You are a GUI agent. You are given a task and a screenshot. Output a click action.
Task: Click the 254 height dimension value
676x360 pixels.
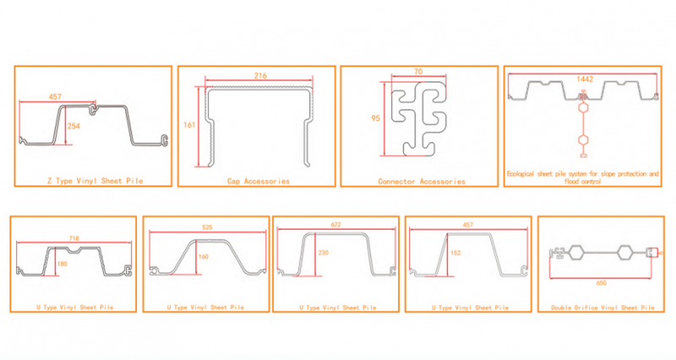74,126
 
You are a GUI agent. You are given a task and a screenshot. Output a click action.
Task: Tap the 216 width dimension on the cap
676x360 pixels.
260,76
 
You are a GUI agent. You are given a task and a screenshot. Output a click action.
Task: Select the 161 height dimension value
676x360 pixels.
189,125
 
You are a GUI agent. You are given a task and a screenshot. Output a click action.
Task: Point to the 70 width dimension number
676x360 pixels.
418,72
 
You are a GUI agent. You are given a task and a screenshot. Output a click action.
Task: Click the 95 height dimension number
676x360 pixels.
375,118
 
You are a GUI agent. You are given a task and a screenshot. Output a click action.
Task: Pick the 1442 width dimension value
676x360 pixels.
585,79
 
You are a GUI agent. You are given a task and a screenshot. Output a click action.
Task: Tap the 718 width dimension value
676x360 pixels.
74,238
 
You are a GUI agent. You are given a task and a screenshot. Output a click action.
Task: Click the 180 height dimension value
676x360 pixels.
62,264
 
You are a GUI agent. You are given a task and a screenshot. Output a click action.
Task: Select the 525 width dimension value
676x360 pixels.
207,227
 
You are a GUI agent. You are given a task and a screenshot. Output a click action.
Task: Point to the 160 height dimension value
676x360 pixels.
204,257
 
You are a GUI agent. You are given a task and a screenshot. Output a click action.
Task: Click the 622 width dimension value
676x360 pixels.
335,225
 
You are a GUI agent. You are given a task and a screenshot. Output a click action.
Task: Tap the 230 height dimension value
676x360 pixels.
324,253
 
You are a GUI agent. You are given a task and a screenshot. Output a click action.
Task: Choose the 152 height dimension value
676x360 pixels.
455,253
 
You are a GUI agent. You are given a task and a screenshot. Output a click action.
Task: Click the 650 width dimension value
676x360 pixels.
601,283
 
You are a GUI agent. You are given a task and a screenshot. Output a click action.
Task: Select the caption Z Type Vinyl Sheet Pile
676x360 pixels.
95,181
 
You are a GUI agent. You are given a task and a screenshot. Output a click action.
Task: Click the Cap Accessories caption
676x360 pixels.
259,181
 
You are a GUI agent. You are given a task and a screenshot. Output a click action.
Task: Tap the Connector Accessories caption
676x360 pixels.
422,182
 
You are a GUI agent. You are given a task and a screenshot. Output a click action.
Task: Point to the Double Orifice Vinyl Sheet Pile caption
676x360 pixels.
602,308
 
